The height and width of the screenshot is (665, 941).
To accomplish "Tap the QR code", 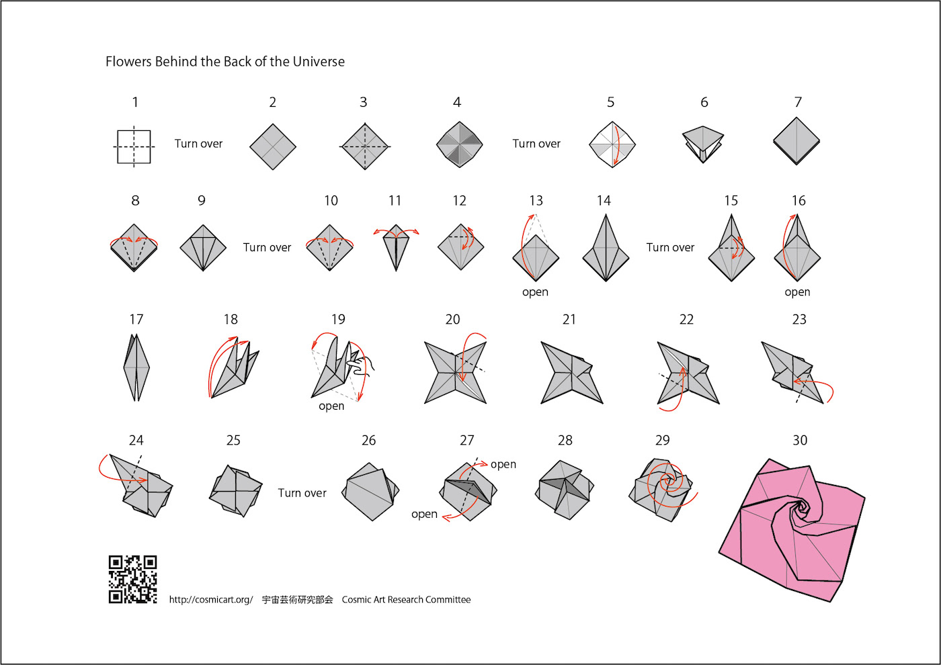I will pyautogui.click(x=133, y=579).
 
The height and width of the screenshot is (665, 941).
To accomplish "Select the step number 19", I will pyautogui.click(x=338, y=320).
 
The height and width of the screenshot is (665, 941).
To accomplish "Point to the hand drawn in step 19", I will pyautogui.click(x=363, y=364).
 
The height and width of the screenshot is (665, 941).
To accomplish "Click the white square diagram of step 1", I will pyautogui.click(x=134, y=146).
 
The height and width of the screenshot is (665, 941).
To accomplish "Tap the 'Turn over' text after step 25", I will pyautogui.click(x=302, y=493).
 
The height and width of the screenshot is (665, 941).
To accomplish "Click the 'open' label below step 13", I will pyautogui.click(x=535, y=292).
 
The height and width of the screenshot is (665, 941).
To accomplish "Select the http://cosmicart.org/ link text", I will pyautogui.click(x=210, y=600).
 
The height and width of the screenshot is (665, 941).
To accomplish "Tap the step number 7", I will pyautogui.click(x=798, y=102).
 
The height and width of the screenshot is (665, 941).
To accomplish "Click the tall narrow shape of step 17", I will pyautogui.click(x=136, y=368).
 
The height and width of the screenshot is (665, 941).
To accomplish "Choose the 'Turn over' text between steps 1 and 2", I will pyautogui.click(x=198, y=144).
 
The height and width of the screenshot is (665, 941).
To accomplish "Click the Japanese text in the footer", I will pyautogui.click(x=297, y=600).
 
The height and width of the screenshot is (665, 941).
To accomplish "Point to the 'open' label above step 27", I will pyautogui.click(x=503, y=464).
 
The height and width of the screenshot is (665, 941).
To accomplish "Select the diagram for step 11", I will pyautogui.click(x=396, y=247).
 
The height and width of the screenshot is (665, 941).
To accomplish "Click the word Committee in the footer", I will pyautogui.click(x=448, y=600).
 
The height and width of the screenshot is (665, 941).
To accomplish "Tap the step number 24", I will pyautogui.click(x=136, y=441).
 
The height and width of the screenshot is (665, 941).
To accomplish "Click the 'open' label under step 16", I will pyautogui.click(x=797, y=292).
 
